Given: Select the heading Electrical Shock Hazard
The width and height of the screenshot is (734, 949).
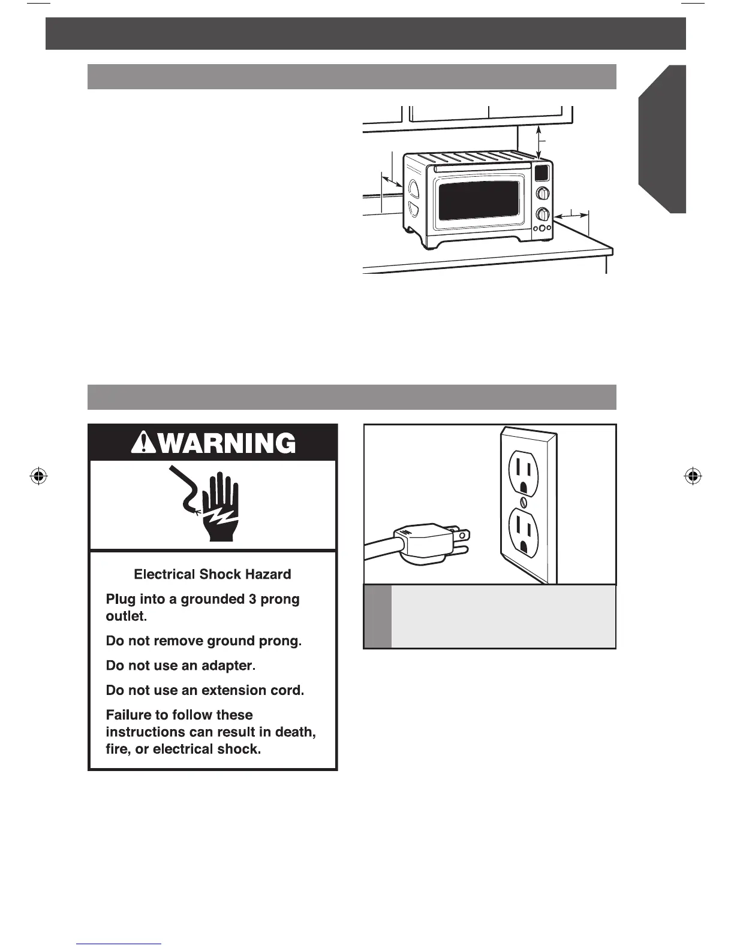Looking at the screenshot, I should [212, 575].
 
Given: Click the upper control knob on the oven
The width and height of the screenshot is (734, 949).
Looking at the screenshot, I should [542, 193].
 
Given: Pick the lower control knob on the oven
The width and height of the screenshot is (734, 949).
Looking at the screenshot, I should [542, 214].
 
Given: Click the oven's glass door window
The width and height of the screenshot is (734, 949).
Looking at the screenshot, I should [479, 201].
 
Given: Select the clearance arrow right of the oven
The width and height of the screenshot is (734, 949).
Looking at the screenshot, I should [571, 214].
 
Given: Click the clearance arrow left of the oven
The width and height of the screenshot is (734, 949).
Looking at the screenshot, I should [392, 181].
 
